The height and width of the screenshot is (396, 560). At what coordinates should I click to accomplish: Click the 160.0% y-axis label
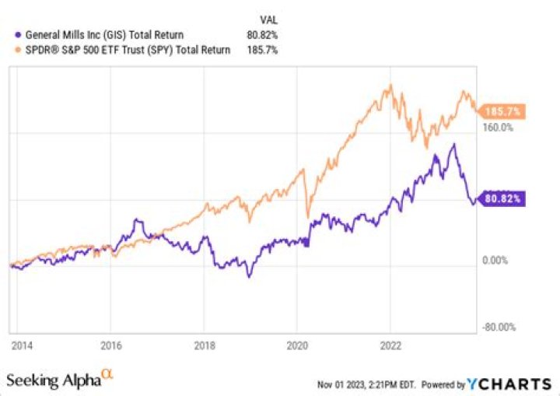tap(499, 128)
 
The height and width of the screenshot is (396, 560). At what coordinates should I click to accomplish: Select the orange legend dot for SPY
tap(19, 50)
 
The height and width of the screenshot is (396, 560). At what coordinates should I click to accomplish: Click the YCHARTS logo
tap(509, 384)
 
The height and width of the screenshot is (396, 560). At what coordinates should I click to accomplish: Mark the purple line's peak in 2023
tap(453, 145)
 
